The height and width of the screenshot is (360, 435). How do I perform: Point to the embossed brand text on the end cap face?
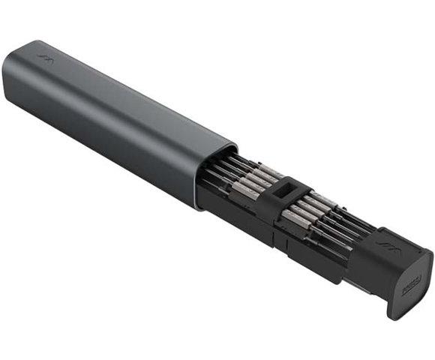pos(409,286)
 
